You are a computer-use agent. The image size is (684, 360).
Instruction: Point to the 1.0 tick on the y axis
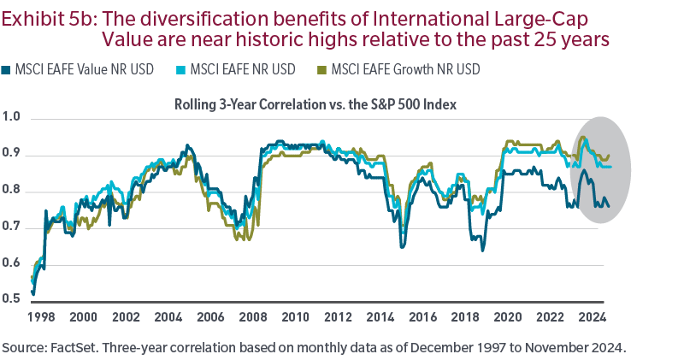12,118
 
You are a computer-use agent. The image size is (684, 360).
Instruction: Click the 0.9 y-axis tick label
12,155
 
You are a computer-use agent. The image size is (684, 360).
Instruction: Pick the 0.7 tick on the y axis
12,227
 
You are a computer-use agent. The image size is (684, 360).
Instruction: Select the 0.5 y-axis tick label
12,299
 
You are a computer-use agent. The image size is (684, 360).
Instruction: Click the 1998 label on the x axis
40,316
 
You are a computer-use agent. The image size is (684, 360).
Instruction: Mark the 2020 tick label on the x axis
508,316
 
